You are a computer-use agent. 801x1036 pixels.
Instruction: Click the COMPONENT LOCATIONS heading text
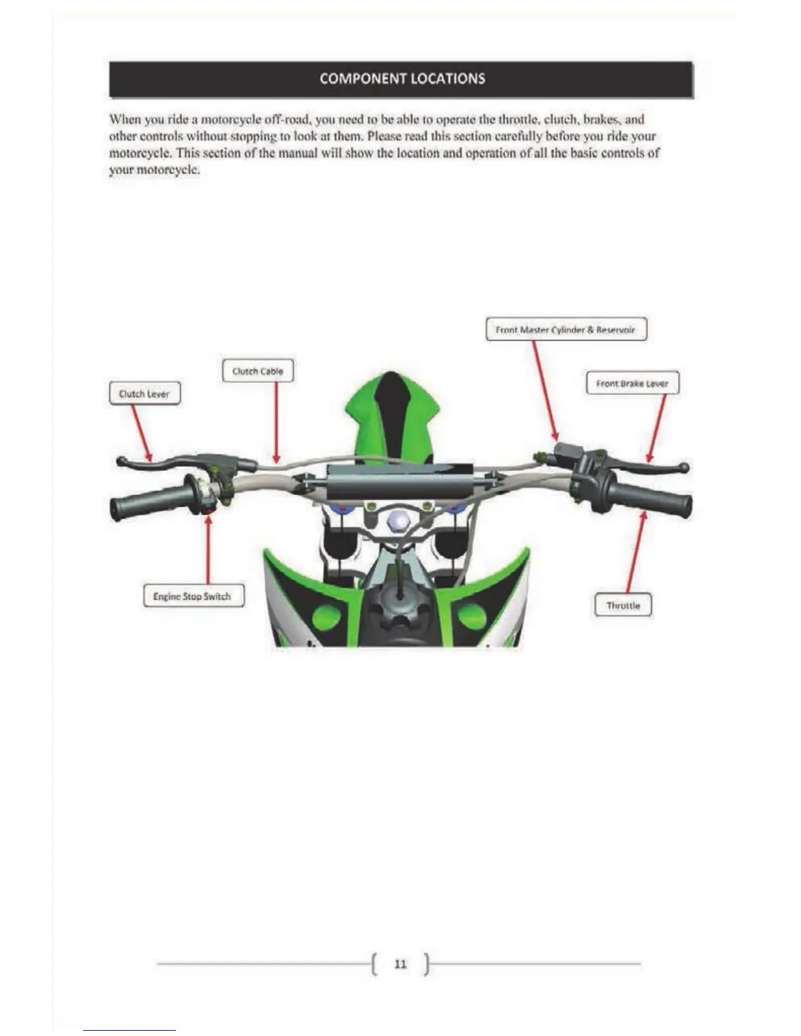click(402, 78)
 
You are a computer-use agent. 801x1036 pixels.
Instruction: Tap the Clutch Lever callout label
click(144, 394)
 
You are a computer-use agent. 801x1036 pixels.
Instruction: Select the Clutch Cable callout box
click(258, 371)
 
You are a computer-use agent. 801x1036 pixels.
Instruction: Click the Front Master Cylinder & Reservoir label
click(565, 330)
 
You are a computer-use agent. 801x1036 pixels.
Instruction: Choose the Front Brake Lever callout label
click(632, 383)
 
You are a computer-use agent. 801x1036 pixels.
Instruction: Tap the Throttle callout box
click(623, 605)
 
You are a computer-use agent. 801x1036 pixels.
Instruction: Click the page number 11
click(400, 963)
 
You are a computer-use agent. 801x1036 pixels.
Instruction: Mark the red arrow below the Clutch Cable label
click(277, 423)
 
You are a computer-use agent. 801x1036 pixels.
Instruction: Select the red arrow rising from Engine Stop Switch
click(208, 549)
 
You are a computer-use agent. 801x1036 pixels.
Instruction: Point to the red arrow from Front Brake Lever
click(657, 428)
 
